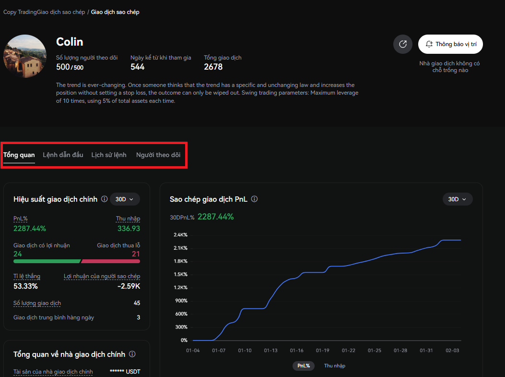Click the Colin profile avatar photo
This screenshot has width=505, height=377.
pyautogui.click(x=25, y=56)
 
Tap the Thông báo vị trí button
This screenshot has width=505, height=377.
pyautogui.click(x=450, y=44)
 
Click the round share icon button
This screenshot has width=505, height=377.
pyautogui.click(x=402, y=44)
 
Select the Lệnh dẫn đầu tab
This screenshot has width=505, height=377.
pyautogui.click(x=63, y=155)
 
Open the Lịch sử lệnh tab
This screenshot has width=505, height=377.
pyautogui.click(x=109, y=155)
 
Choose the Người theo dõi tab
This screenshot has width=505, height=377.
pyautogui.click(x=158, y=155)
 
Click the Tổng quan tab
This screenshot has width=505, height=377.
pyautogui.click(x=19, y=155)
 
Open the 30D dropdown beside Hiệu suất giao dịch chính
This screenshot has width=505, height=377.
pyautogui.click(x=125, y=199)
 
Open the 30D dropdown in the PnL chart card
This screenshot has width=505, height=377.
pyautogui.click(x=458, y=199)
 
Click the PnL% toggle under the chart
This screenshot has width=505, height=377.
pyautogui.click(x=304, y=365)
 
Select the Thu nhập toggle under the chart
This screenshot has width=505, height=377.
pyautogui.click(x=335, y=365)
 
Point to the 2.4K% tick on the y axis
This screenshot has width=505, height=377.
pyautogui.click(x=180, y=235)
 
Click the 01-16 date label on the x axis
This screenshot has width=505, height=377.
pyautogui.click(x=297, y=351)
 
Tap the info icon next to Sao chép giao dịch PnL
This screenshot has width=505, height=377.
pyautogui.click(x=255, y=199)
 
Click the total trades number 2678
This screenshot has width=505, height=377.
pyautogui.click(x=213, y=67)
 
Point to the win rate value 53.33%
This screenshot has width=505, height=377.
pyautogui.click(x=25, y=286)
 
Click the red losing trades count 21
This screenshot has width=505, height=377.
pyautogui.click(x=136, y=254)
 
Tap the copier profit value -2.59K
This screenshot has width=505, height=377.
pyautogui.click(x=129, y=286)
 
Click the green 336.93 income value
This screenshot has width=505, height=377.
pyautogui.click(x=129, y=228)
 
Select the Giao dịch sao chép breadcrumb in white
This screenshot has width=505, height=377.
pyautogui.click(x=115, y=12)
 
